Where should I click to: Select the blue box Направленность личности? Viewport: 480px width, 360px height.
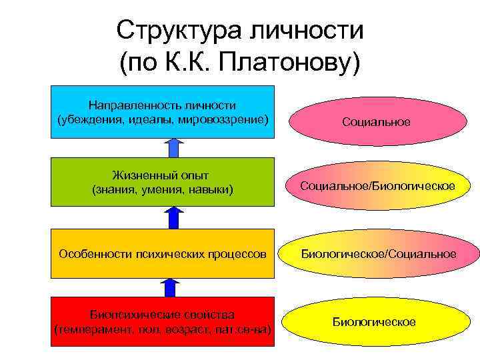point(163,112)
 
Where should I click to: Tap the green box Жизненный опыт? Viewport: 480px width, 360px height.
point(163,182)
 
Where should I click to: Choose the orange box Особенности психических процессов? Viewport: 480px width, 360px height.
point(163,253)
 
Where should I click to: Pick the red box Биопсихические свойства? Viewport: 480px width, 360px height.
point(163,322)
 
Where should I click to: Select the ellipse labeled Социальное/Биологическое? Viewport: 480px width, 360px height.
point(377,185)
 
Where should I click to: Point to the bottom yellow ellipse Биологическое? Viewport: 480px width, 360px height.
point(374,322)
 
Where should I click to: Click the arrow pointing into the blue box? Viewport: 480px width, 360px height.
point(173,147)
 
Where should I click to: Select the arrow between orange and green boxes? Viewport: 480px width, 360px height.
point(173,217)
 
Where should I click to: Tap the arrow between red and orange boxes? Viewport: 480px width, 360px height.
point(171,287)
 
